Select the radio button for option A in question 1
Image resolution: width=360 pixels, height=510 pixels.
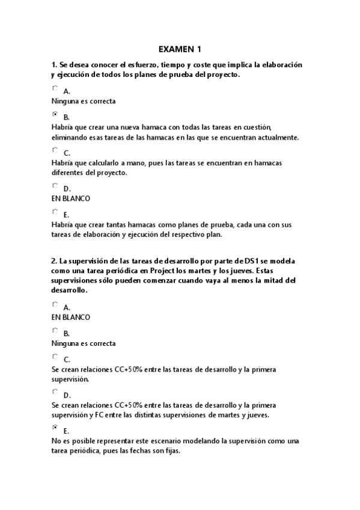point(55,88)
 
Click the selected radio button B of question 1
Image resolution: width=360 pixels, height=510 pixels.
point(55,114)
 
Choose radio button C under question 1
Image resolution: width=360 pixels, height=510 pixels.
point(55,150)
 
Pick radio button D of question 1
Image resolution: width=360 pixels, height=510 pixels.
point(55,186)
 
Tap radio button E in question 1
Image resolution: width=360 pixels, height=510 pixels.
point(55,212)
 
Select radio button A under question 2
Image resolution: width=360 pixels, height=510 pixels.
point(55,304)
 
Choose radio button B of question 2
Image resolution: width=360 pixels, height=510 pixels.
point(55,330)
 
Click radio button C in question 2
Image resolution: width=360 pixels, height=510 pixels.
point(55,356)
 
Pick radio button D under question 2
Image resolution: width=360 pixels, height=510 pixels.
point(55,392)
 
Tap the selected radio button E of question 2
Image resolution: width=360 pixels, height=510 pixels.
point(55,428)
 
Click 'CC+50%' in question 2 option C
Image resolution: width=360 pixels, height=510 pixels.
point(128,369)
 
